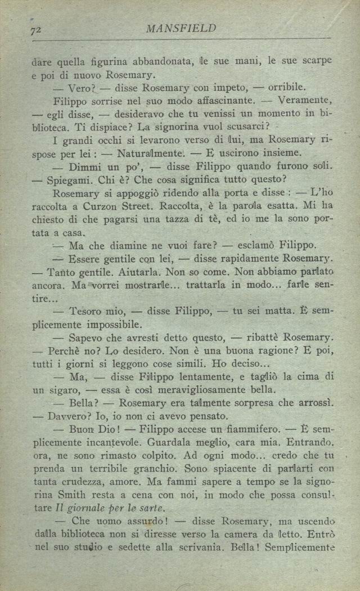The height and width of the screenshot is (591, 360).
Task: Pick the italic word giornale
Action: (x=82, y=509)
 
